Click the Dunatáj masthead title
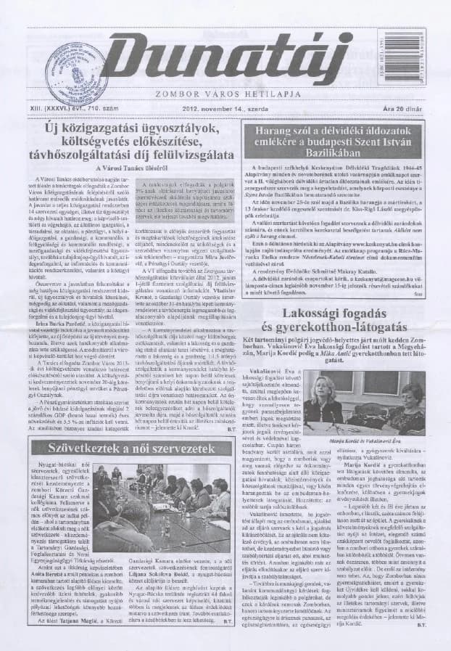pyautogui.click(x=239, y=59)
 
